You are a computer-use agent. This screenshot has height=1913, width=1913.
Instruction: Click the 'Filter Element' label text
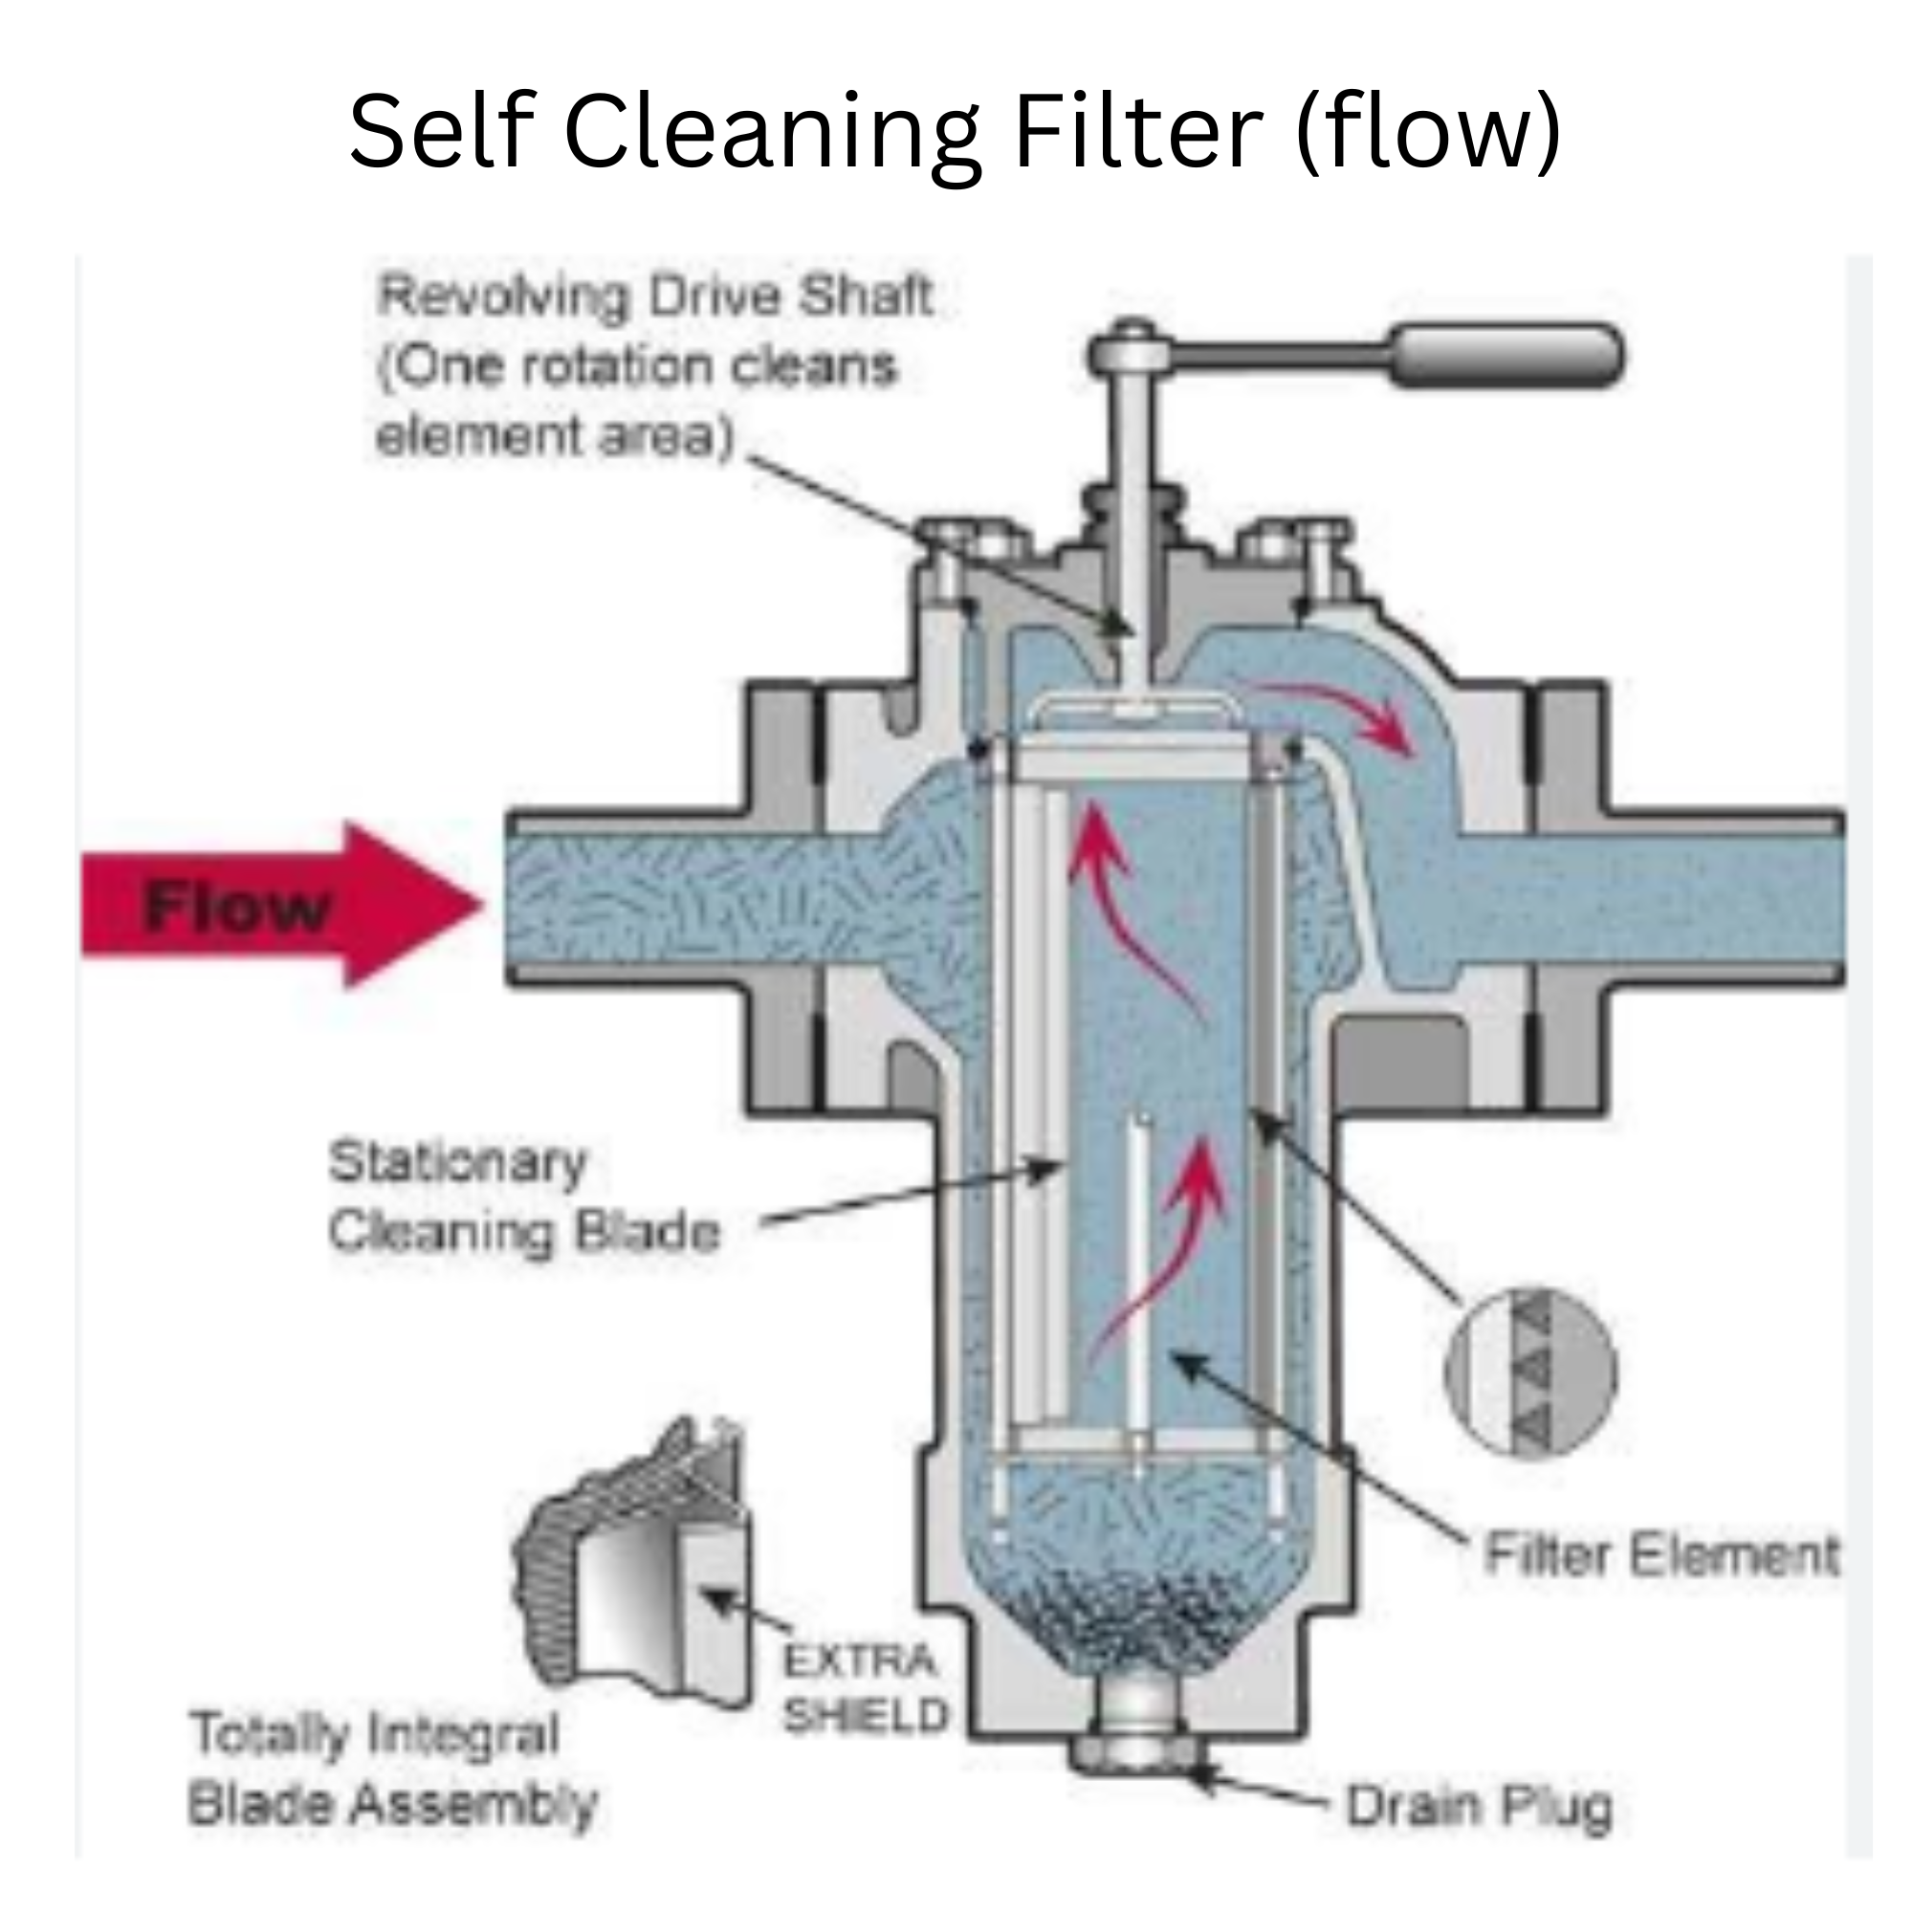(x=1661, y=1553)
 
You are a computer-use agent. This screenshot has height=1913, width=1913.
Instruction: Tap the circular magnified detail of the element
(x=1530, y=1372)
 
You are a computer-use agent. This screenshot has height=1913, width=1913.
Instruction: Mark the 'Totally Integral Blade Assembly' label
(x=392, y=1769)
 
